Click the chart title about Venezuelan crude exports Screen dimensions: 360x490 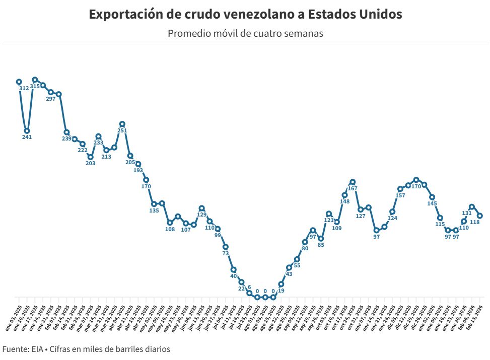(245, 15)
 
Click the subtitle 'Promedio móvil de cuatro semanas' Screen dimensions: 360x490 (245, 34)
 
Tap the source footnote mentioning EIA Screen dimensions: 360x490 (86, 349)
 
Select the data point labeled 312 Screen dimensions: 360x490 (19, 82)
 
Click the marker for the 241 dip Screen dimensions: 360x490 (27, 131)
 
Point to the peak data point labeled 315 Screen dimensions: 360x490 (35, 80)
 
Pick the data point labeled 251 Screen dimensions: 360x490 (122, 124)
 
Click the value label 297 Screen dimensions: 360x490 (51, 99)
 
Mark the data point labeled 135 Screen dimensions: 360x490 (154, 204)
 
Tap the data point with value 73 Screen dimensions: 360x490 (226, 247)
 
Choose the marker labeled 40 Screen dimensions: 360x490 (234, 270)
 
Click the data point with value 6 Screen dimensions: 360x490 (249, 293)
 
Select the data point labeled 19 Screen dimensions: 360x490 (281, 284)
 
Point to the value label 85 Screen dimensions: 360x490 (321, 245)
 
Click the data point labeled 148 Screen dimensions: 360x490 (345, 195)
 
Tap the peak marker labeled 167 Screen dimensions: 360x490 (353, 182)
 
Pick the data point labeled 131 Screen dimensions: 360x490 (472, 206)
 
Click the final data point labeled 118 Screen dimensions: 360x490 (480, 215)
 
